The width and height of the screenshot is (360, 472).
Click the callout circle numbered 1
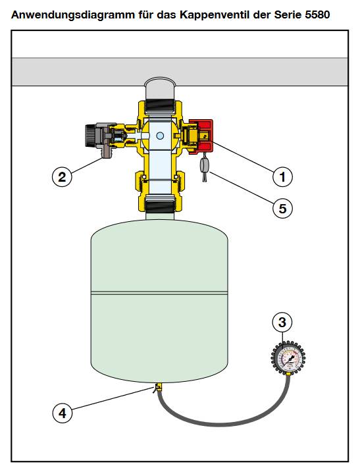282,176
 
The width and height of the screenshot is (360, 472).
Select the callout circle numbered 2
62,176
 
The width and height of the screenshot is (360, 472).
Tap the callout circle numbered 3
282,323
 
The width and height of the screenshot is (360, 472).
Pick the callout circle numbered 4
63,413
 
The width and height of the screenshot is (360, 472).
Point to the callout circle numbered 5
282,208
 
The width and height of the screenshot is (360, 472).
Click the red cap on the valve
201,137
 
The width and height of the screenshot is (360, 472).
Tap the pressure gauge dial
288,358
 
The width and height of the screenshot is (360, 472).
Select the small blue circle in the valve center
160,136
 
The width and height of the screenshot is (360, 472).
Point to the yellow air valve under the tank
158,387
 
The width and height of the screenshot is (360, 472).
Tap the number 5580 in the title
317,14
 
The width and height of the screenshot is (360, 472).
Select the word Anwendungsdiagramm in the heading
73,15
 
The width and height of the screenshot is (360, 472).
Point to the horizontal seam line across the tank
159,292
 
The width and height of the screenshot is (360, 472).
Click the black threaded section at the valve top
160,106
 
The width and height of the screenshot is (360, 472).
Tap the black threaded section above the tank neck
160,203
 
